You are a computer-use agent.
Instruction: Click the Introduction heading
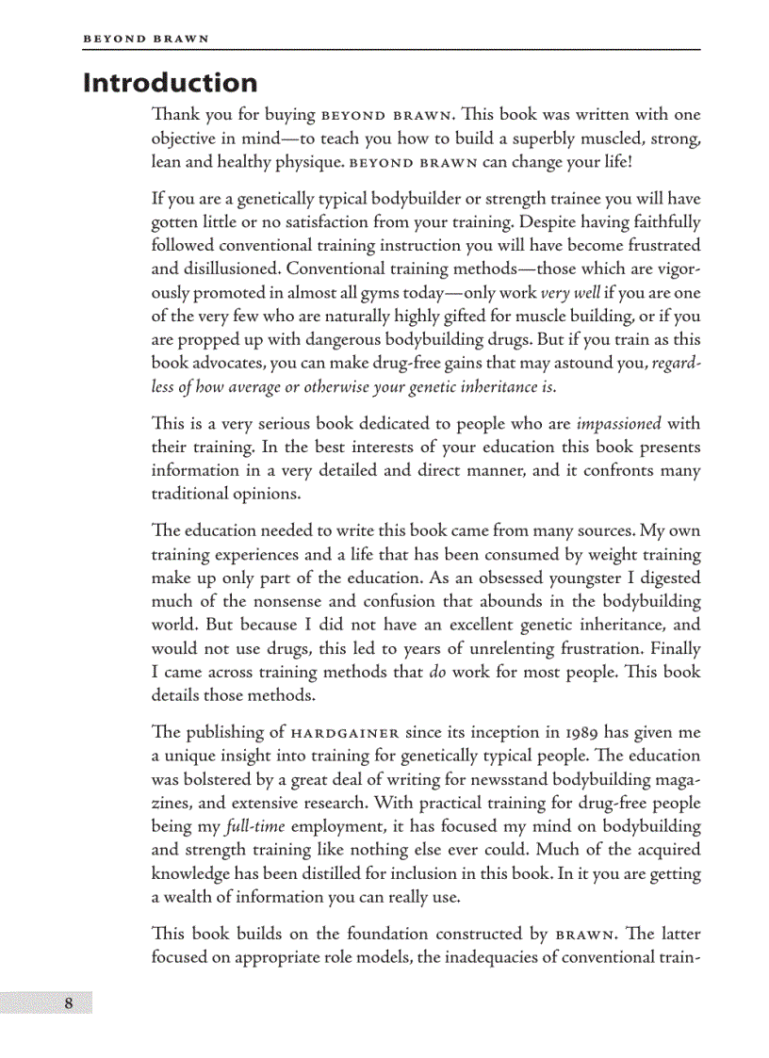(x=170, y=83)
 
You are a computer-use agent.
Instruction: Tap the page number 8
(x=68, y=1002)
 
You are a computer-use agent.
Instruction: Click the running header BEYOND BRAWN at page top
(x=146, y=39)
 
